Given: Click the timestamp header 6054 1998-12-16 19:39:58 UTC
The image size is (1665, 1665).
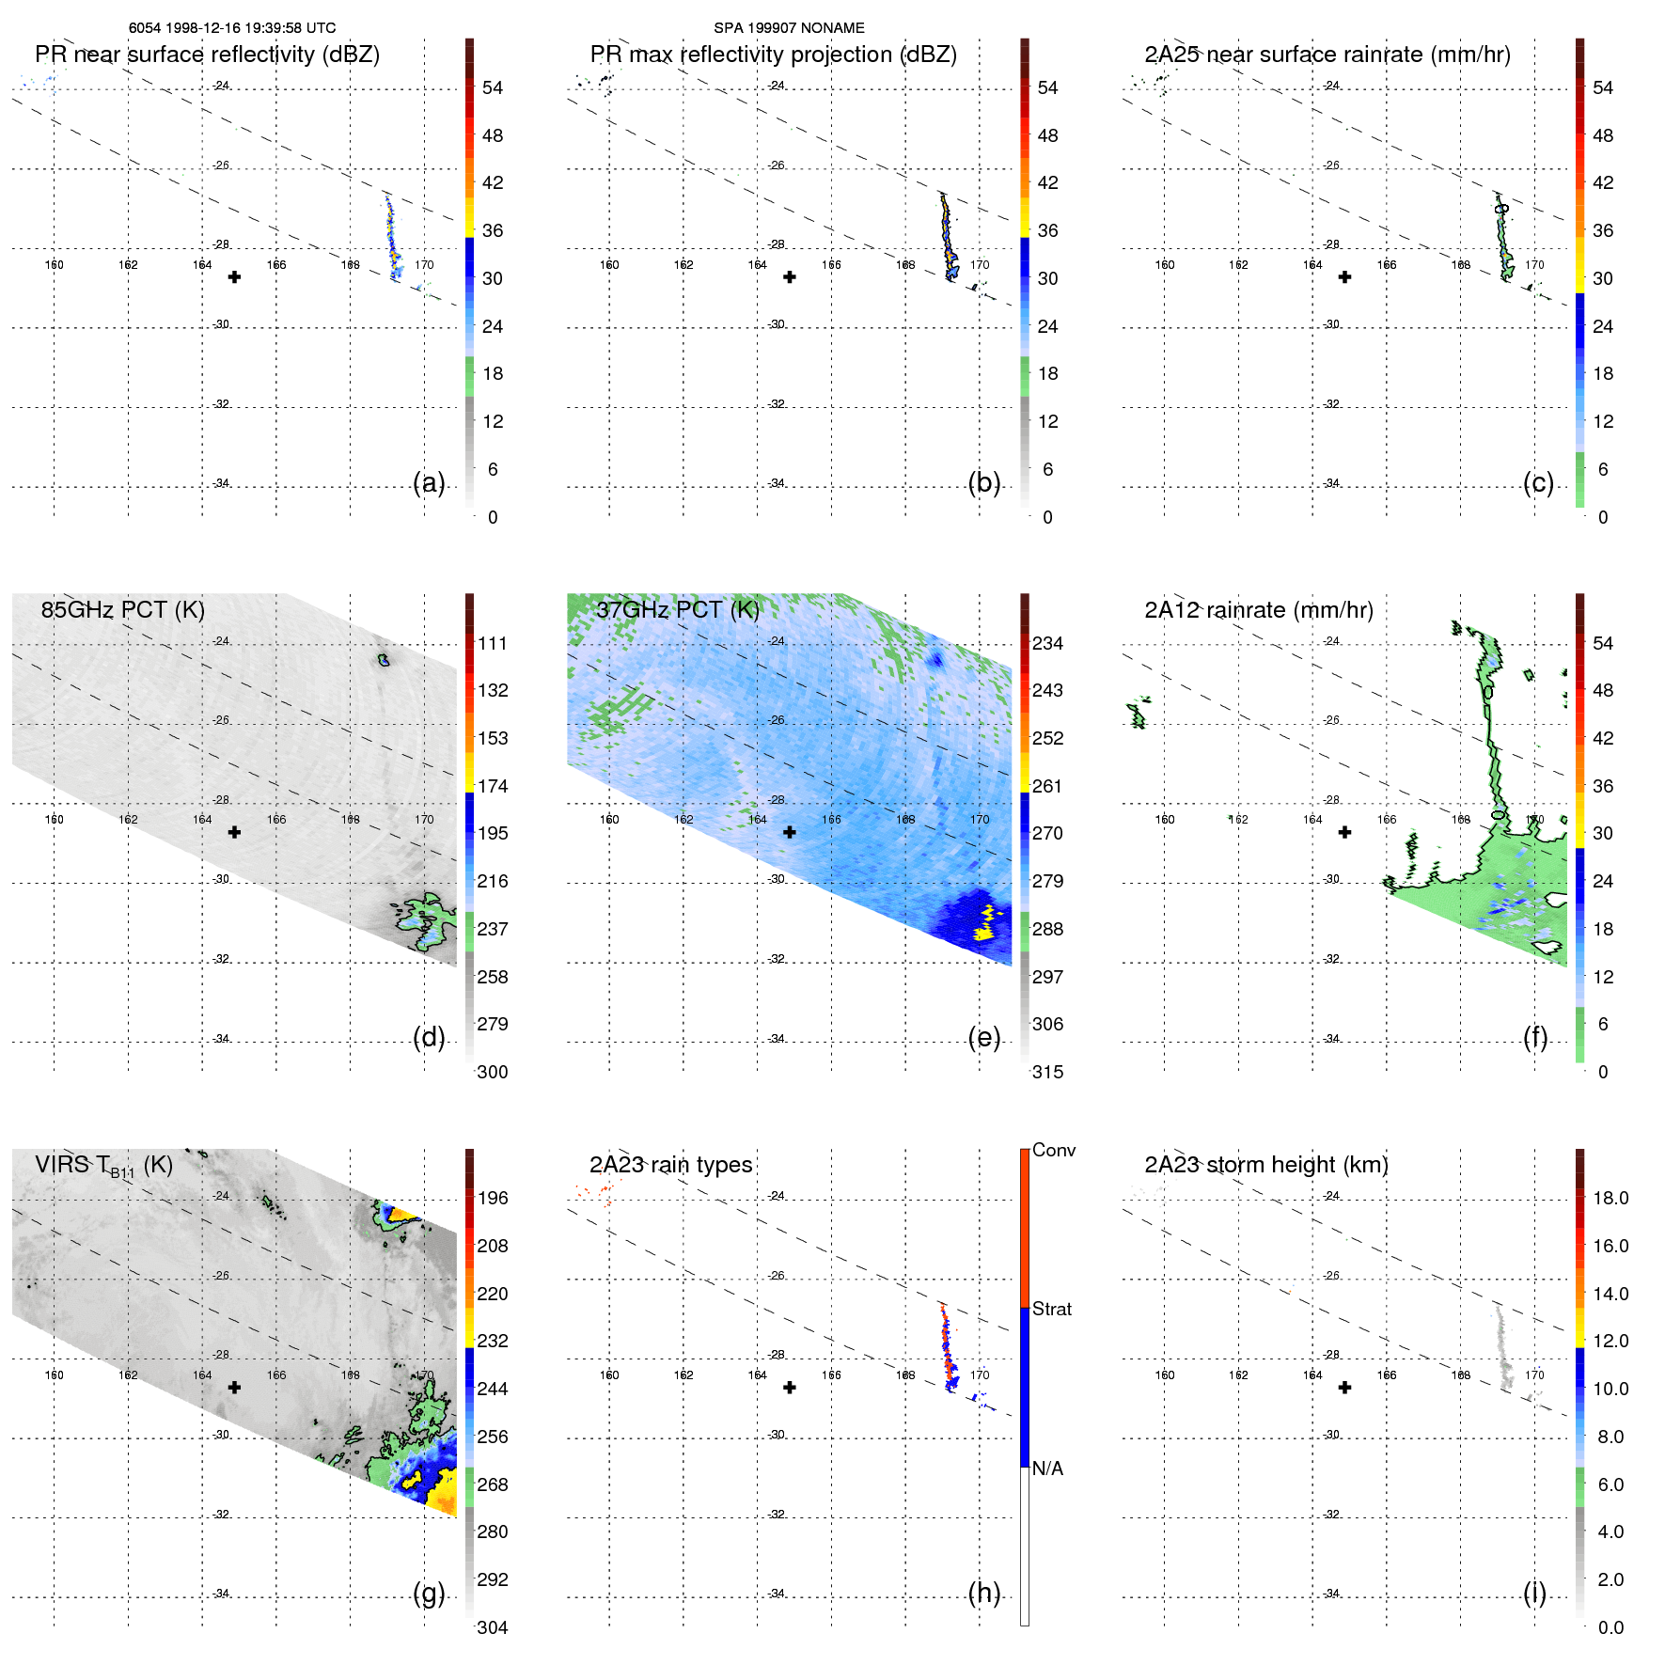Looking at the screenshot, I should [232, 28].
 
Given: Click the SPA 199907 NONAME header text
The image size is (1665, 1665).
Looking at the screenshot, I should [789, 28].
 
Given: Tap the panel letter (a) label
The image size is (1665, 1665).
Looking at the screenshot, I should [429, 482].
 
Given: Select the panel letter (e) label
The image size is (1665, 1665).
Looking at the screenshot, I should [984, 1037].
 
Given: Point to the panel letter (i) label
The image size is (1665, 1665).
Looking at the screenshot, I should [1534, 1593].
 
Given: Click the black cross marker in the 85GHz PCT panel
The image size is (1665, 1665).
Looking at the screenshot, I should [234, 832].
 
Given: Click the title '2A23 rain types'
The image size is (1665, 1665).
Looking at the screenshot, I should [670, 1165].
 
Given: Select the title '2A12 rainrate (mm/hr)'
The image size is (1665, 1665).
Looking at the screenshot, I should [1259, 610].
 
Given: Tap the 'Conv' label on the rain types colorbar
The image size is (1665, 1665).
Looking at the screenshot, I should [1053, 1150].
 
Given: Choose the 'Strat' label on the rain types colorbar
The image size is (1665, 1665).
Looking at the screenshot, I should [1051, 1309].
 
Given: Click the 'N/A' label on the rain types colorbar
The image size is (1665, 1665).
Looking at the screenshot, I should [1047, 1469].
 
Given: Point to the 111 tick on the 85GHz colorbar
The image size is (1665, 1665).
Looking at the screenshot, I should [493, 643].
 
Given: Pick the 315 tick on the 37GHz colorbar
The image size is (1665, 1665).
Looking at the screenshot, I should [1047, 1072].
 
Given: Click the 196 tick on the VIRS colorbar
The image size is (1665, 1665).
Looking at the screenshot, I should [493, 1198].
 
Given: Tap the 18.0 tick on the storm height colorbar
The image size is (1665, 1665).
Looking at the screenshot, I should [1610, 1198].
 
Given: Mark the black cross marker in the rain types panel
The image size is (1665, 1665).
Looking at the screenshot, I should [790, 1388].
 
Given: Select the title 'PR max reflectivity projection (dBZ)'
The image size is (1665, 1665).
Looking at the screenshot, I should [773, 55].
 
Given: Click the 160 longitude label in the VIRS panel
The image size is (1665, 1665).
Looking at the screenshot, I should [55, 1374].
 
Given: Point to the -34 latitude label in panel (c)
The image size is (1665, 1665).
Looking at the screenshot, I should [1332, 483].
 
